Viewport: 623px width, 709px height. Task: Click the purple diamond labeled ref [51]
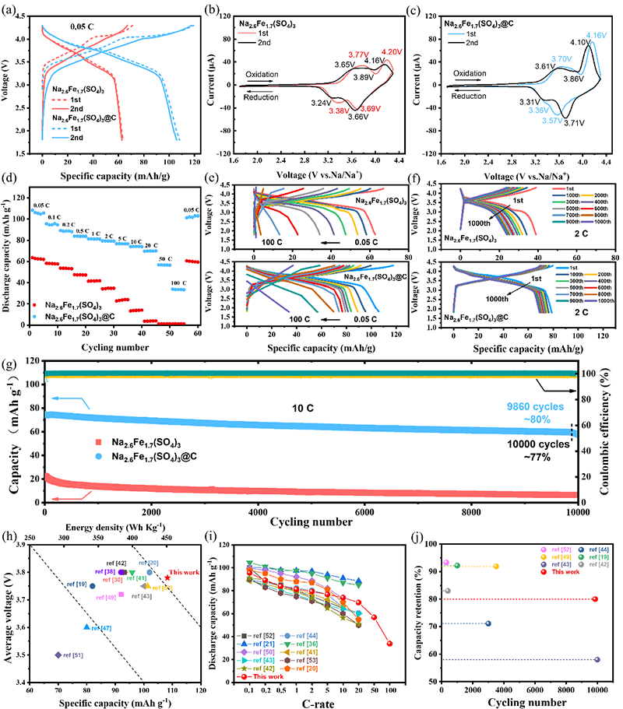[x=58, y=655]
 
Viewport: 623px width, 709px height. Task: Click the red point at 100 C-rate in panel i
[x=389, y=644]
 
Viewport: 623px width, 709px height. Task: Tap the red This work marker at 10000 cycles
[x=595, y=598]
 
